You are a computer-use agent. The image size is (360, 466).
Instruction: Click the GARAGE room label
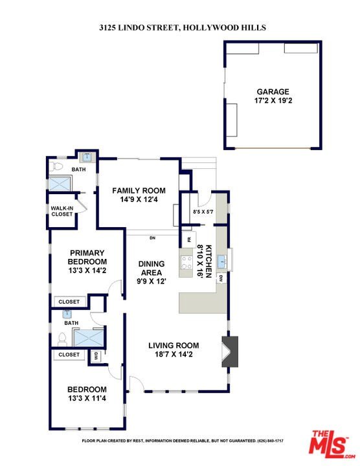point(273,91)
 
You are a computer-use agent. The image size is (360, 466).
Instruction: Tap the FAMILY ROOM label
point(139,190)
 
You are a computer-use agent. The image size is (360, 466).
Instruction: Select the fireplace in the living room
point(230,351)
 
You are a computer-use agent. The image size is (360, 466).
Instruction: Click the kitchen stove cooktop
point(186,262)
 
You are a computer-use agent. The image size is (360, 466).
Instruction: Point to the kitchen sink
point(222,261)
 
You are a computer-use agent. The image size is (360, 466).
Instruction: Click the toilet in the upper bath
point(56,166)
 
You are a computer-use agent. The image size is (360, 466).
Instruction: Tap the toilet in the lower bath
point(62,339)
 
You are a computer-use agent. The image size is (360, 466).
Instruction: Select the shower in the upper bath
point(60,184)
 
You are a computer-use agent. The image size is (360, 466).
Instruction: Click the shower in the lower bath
point(88,338)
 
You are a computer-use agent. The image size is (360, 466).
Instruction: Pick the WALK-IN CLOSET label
point(62,211)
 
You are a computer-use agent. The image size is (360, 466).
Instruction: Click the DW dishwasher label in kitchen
point(221,278)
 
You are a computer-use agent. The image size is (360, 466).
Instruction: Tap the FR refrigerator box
point(189,239)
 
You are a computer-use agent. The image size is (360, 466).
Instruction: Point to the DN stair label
point(153,238)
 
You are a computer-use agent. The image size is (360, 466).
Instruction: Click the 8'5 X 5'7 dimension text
point(203,212)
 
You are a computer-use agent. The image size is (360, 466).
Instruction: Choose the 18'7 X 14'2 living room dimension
point(174,354)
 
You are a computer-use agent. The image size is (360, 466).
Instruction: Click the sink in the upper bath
point(87,157)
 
